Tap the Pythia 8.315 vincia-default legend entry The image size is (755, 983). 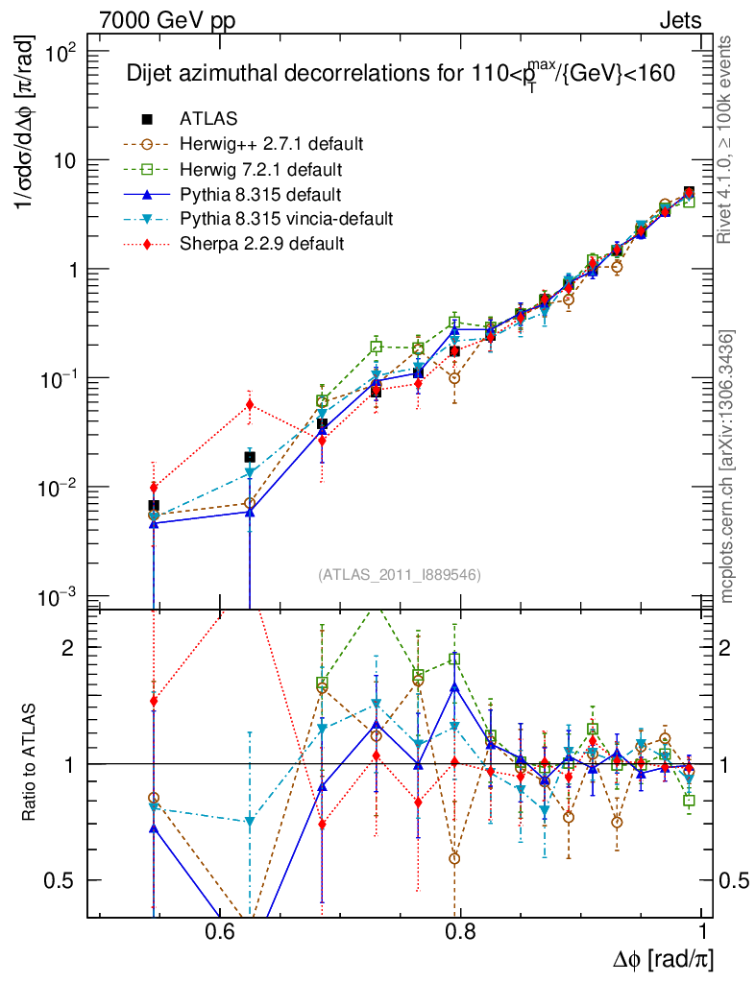285,219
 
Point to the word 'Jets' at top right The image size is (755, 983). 679,20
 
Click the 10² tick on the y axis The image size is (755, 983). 62,52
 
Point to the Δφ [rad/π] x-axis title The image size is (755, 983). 663,959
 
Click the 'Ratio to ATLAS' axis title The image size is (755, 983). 33,764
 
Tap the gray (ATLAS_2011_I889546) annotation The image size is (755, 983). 399,574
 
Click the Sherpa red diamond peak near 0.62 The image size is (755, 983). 250,404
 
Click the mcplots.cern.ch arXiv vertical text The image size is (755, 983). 727,467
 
